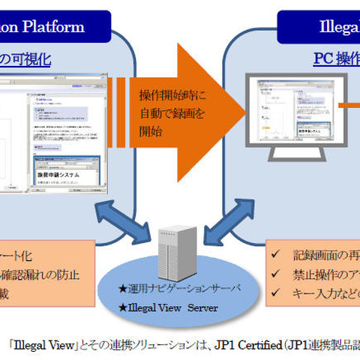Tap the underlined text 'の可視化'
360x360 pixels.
(25, 58)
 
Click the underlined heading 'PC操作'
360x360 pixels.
(337, 58)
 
